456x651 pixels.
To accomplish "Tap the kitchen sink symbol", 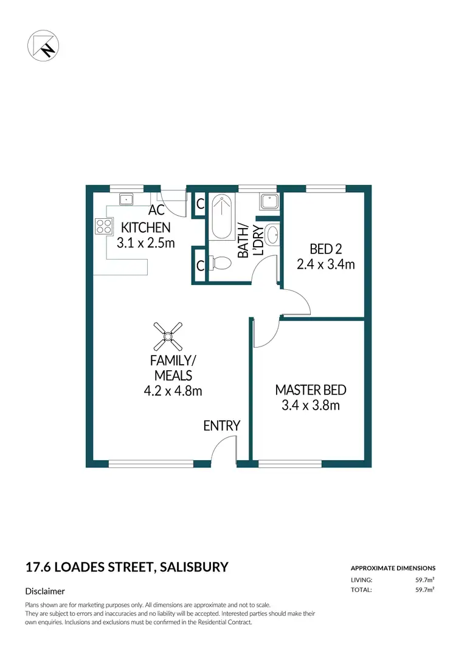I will pos(128,199).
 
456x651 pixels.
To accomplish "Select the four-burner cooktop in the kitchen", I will pos(103,227).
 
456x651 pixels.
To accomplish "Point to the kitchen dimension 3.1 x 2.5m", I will pos(145,243).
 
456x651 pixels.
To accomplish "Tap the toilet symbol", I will pos(220,263).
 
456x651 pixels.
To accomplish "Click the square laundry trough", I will pos(268,201).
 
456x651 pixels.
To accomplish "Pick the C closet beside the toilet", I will pos(199,266).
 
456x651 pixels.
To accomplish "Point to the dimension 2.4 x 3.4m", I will pos(325,264).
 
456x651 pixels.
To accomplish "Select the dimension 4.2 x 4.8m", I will pos(173,391).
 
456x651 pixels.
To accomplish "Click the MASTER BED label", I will pos(310,390).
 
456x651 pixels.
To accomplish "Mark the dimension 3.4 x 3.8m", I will pos(310,405).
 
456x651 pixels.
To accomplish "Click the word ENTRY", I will pos(221,425).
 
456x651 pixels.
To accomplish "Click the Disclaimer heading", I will pos(45,591).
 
